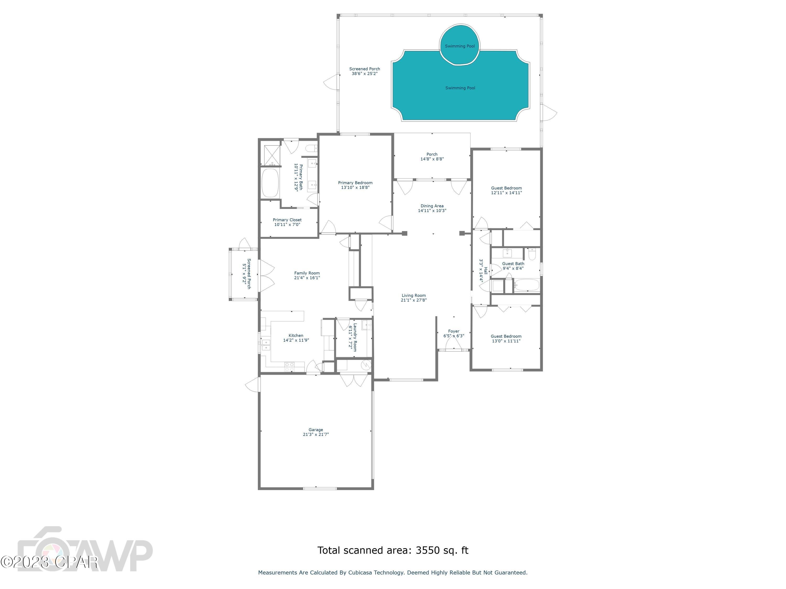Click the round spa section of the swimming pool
click(460, 45)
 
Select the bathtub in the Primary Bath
click(270, 183)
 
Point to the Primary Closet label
click(287, 222)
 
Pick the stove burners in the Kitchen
click(289, 367)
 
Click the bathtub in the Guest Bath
click(527, 285)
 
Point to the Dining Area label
click(432, 208)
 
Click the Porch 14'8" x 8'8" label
click(432, 157)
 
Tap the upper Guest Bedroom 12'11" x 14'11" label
click(506, 190)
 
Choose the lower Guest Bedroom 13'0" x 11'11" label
click(506, 338)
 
